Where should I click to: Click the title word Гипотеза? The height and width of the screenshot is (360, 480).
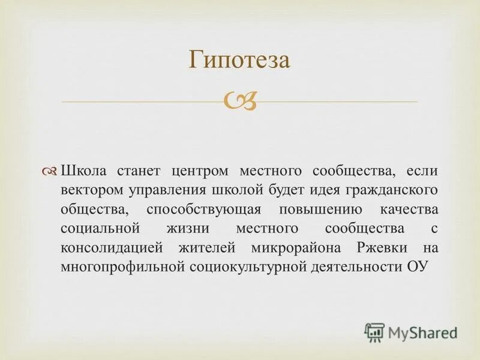tap(239, 60)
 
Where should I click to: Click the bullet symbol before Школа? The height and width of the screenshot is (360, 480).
tap(51, 171)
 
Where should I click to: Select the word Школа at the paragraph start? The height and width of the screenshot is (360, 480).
tap(83, 171)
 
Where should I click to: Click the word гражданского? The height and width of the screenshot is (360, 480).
tap(391, 191)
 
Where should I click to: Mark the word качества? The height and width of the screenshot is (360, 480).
tap(409, 211)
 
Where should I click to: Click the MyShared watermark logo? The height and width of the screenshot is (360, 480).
tap(411, 332)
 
